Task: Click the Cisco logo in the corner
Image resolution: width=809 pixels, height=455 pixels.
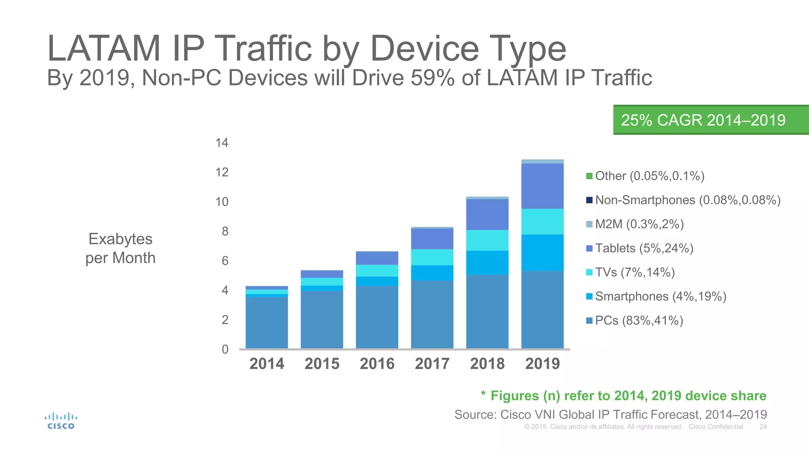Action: pyautogui.click(x=61, y=421)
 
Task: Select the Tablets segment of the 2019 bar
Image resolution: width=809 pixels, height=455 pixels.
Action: pyautogui.click(x=542, y=186)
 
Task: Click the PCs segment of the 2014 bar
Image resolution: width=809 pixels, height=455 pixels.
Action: pyautogui.click(x=267, y=322)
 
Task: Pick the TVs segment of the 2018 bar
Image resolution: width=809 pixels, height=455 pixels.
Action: pyautogui.click(x=487, y=240)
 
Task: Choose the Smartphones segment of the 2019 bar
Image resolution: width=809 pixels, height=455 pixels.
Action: pyautogui.click(x=542, y=252)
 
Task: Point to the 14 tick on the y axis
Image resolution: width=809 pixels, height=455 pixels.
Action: pyautogui.click(x=222, y=143)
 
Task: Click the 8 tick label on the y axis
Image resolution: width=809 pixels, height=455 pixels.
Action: pyautogui.click(x=225, y=231)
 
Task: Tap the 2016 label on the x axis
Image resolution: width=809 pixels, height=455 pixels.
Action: pyautogui.click(x=377, y=364)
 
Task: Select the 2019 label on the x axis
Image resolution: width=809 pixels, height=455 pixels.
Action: pyautogui.click(x=542, y=364)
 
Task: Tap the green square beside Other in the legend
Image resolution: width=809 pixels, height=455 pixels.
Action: pyautogui.click(x=589, y=176)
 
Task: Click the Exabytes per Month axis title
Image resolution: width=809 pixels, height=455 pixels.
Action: pyautogui.click(x=120, y=248)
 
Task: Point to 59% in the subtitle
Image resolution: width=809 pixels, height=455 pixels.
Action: pyautogui.click(x=433, y=78)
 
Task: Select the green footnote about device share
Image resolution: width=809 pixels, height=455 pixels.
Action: pyautogui.click(x=623, y=396)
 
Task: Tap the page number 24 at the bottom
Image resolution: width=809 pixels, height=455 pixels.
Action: pyautogui.click(x=763, y=427)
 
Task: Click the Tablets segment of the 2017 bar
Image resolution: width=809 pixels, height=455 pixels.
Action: pyautogui.click(x=432, y=239)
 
